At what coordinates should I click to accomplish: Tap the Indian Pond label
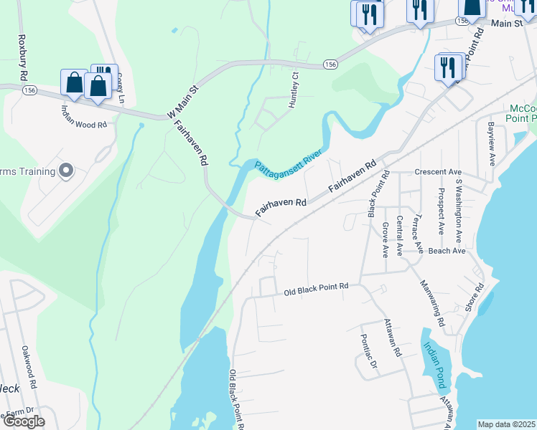pos(433,365)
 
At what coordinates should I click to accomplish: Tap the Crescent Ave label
pos(437,172)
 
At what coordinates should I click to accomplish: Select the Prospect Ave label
pos(441,212)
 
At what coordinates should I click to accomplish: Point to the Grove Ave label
pos(386,239)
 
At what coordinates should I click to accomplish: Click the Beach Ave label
pos(447,251)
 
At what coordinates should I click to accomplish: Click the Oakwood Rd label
pos(29,365)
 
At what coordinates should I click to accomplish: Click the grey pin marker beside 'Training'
pos(66,171)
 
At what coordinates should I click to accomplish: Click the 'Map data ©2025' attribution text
pos(506,424)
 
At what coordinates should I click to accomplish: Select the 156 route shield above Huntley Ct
pos(329,64)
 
